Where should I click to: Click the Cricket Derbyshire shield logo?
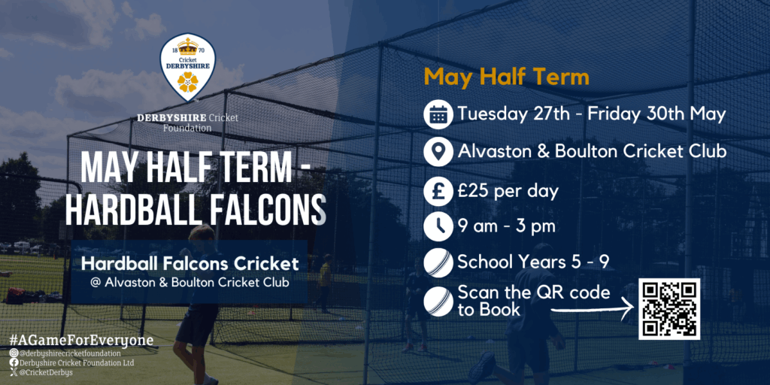(188, 67)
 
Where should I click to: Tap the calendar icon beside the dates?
(438, 114)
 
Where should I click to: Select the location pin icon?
(438, 152)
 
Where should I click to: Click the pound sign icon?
(438, 190)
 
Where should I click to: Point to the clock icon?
(438, 226)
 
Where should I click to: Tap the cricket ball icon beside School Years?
(438, 262)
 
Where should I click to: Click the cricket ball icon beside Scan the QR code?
(438, 301)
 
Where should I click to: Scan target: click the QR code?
(668, 309)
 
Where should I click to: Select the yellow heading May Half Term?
(506, 77)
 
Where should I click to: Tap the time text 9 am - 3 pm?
(506, 227)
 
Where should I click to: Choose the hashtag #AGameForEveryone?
(81, 341)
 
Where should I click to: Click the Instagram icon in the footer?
(14, 353)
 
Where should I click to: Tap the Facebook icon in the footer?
(14, 362)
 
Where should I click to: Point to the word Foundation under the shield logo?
(187, 128)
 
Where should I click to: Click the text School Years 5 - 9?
(533, 262)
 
